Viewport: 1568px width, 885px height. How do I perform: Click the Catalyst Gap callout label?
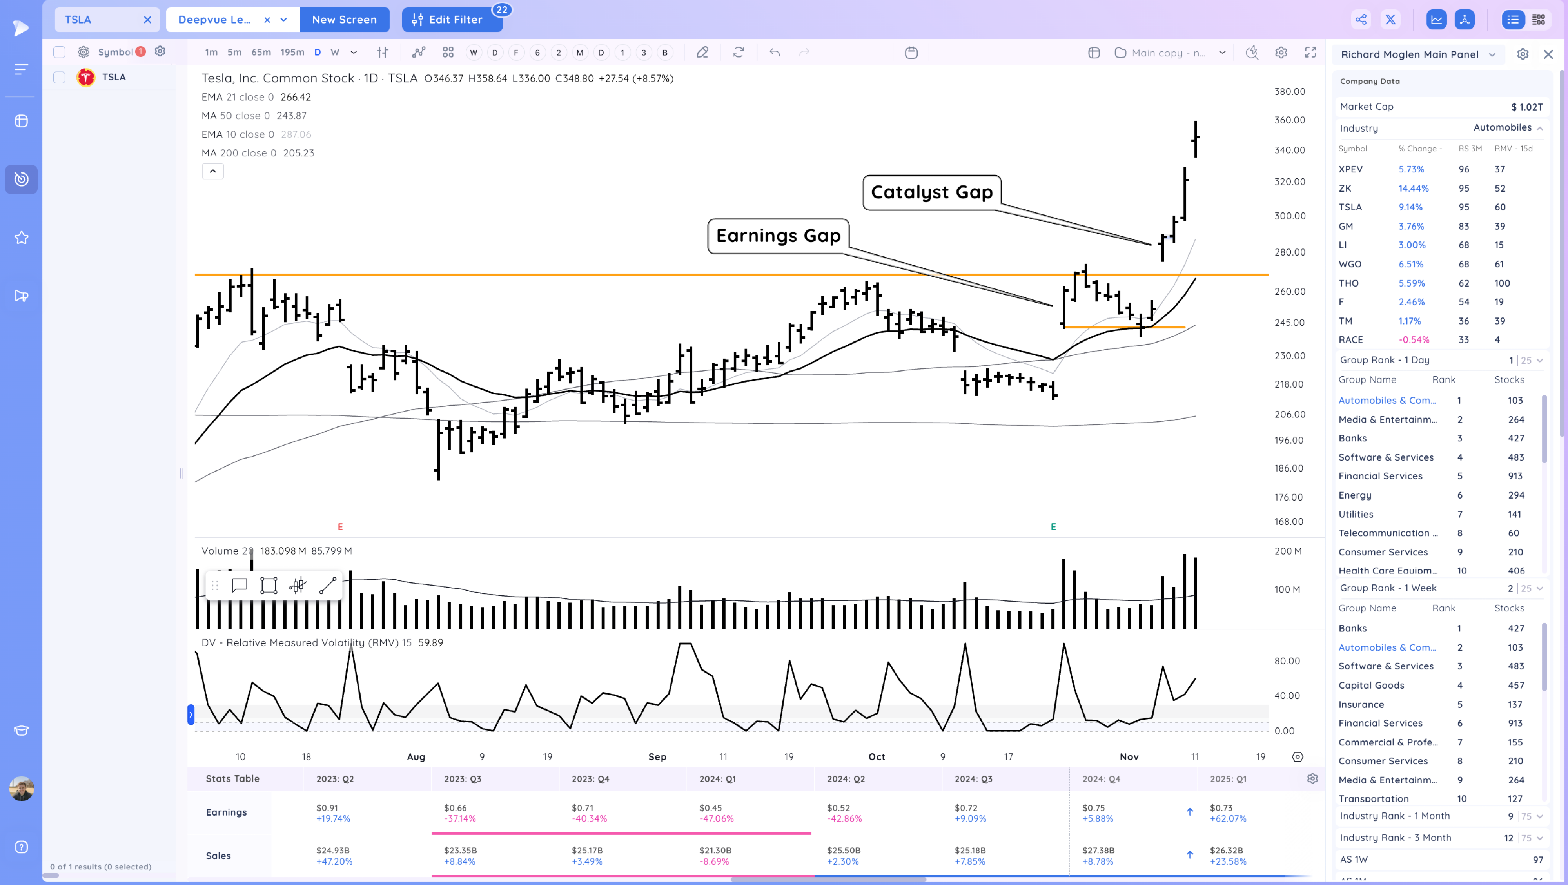pyautogui.click(x=931, y=192)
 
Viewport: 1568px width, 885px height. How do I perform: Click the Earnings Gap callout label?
pyautogui.click(x=778, y=236)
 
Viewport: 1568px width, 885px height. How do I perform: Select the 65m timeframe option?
pyautogui.click(x=261, y=53)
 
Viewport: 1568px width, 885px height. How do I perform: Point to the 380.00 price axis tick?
pyautogui.click(x=1289, y=91)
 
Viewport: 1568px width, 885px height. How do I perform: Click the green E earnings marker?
pyautogui.click(x=1053, y=526)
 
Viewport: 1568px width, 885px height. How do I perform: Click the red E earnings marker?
pyautogui.click(x=340, y=526)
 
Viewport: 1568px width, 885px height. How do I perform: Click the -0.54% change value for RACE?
pyautogui.click(x=1414, y=340)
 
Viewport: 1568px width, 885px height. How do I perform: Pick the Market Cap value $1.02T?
pyautogui.click(x=1526, y=107)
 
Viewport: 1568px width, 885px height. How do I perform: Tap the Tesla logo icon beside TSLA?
pyautogui.click(x=86, y=77)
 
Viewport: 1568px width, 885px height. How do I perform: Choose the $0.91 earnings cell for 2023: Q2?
pyautogui.click(x=327, y=808)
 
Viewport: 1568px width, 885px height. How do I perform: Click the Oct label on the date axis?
pyautogui.click(x=877, y=756)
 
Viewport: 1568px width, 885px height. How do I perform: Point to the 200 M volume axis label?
pyautogui.click(x=1287, y=551)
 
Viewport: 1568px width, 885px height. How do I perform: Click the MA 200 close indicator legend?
pyautogui.click(x=258, y=153)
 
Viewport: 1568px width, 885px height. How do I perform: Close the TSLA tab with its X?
pyautogui.click(x=147, y=20)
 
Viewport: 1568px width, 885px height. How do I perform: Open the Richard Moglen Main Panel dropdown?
pyautogui.click(x=1417, y=54)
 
